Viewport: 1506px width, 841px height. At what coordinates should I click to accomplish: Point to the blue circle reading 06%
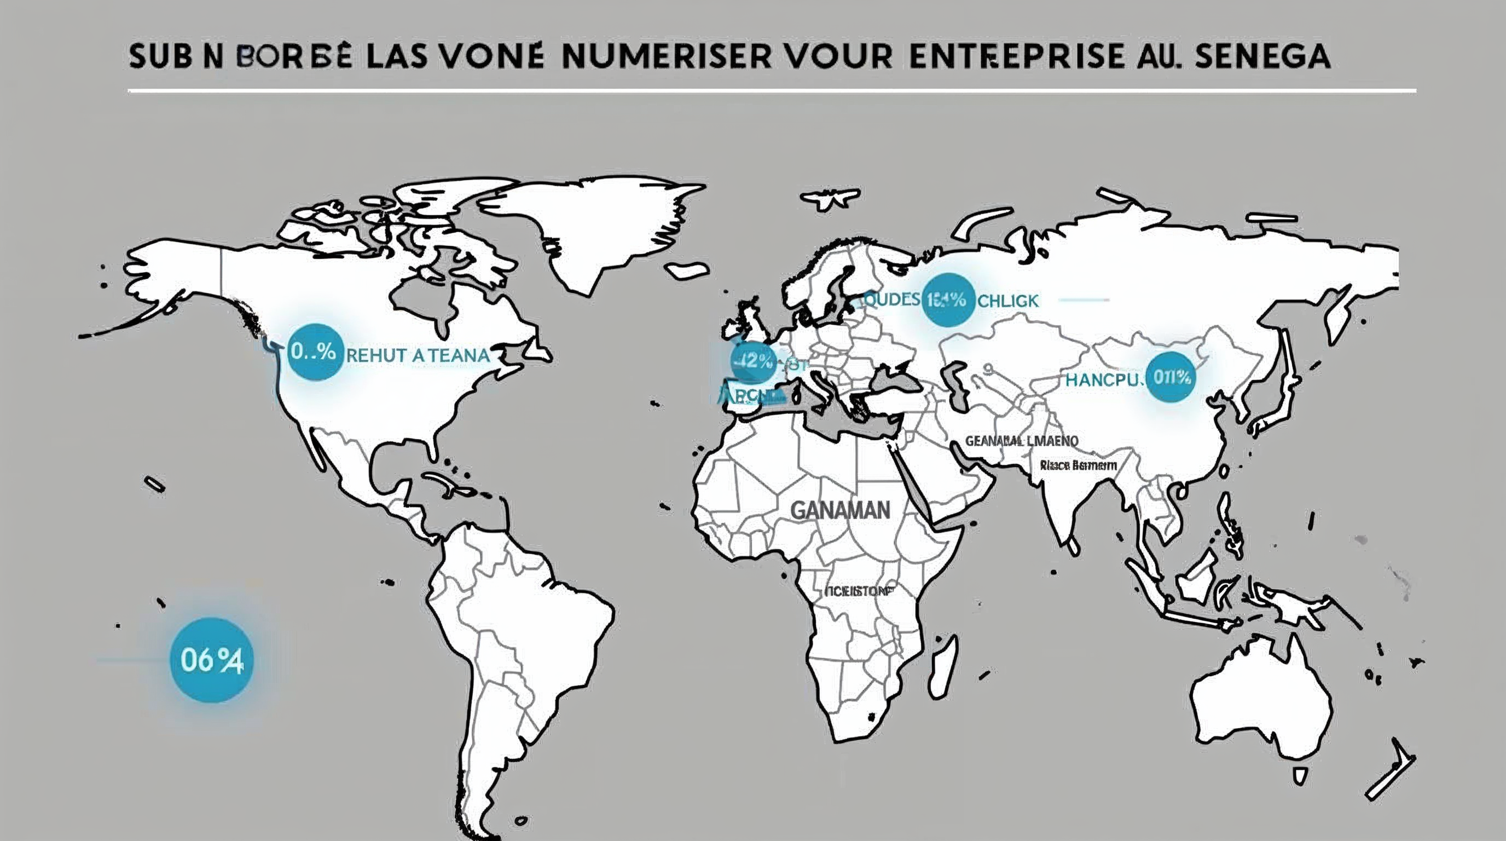tap(212, 660)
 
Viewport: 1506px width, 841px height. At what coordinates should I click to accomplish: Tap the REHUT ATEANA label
tap(418, 355)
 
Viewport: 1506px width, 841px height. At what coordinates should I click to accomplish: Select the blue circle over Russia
tap(947, 300)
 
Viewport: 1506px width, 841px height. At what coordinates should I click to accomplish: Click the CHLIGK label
tap(1008, 301)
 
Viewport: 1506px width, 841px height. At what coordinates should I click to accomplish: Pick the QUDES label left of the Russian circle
tap(891, 300)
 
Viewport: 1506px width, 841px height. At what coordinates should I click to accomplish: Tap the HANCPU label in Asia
tap(1103, 380)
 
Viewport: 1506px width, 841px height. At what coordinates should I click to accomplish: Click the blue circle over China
tap(1171, 377)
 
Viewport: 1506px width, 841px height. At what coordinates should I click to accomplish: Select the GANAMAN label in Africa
tap(840, 510)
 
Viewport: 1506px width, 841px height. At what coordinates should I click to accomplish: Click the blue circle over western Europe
tap(753, 361)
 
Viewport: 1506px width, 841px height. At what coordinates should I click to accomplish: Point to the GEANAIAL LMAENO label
tap(1021, 440)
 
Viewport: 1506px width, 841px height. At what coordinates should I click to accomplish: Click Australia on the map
tap(1263, 702)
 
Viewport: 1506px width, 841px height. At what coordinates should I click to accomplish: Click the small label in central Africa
tap(859, 591)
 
